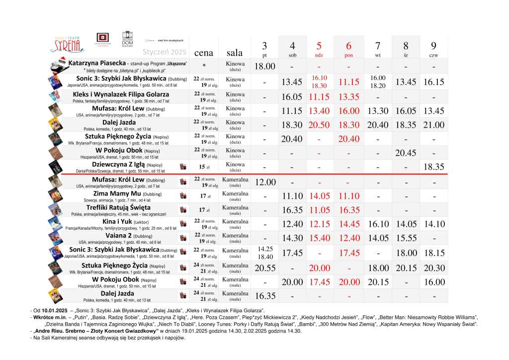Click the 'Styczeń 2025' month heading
click(165, 52)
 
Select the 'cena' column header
click(204, 52)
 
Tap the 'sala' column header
click(235, 52)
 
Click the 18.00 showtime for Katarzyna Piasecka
click(265, 66)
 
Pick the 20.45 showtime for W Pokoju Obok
click(406, 153)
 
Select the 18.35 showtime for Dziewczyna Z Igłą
click(434, 167)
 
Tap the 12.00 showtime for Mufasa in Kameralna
click(265, 182)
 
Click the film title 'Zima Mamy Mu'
click(117, 193)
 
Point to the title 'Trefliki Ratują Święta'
click(118, 207)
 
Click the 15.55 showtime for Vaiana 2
click(406, 238)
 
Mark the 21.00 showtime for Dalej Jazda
click(434, 125)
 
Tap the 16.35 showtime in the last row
click(265, 296)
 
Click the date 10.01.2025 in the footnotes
click(49, 310)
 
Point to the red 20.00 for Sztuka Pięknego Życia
click(319, 268)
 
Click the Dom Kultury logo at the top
click(128, 39)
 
